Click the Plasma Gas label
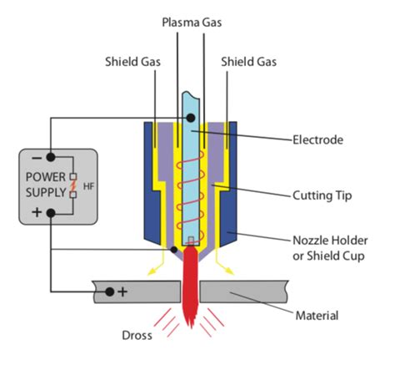pyautogui.click(x=192, y=23)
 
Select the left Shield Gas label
pyautogui.click(x=132, y=62)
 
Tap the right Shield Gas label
pyautogui.click(x=248, y=62)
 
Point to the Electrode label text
pyautogui.click(x=318, y=139)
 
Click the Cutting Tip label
pyautogui.click(x=322, y=195)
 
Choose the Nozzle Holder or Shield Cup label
pyautogui.click(x=330, y=248)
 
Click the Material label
pyautogui.click(x=317, y=316)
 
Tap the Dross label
pyautogui.click(x=137, y=335)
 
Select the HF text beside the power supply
pyautogui.click(x=88, y=186)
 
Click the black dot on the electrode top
pyautogui.click(x=191, y=118)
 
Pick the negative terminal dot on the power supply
pyautogui.click(x=51, y=157)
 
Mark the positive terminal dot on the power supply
pyautogui.click(x=51, y=213)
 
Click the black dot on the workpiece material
pyautogui.click(x=110, y=291)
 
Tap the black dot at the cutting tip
pyautogui.click(x=174, y=250)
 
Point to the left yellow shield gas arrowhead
pyautogui.click(x=152, y=271)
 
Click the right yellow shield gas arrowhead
pyautogui.click(x=229, y=271)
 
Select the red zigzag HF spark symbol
pyautogui.click(x=73, y=185)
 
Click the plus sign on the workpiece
pyautogui.click(x=122, y=291)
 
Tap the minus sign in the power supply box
pyautogui.click(x=37, y=158)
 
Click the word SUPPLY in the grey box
pyautogui.click(x=46, y=193)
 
